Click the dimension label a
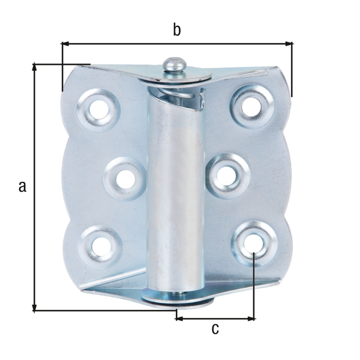coord(23,186)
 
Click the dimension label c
coord(215,328)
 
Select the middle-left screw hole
coord(125,178)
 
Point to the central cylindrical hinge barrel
coord(176,192)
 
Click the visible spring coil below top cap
coord(180,96)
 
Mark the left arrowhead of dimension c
coord(179,319)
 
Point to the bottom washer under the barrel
coord(176,299)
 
